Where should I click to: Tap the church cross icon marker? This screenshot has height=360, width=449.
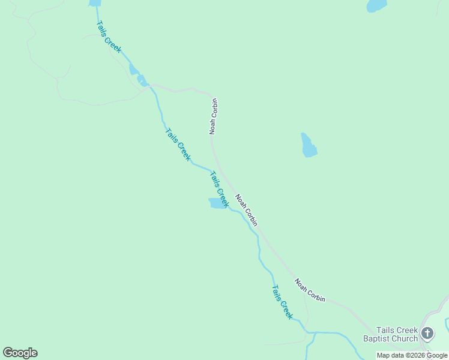(427, 333)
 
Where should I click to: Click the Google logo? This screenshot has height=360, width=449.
(20, 353)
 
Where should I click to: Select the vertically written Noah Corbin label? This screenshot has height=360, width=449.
(213, 116)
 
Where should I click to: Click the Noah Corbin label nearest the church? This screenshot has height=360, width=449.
(310, 290)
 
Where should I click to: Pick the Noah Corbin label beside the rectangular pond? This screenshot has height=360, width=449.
(247, 210)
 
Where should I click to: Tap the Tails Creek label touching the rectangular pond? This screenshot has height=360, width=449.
(220, 190)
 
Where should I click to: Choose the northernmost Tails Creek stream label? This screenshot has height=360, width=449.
(108, 37)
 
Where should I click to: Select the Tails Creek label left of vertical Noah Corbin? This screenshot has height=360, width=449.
(178, 145)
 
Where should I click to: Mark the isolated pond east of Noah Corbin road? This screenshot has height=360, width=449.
(309, 145)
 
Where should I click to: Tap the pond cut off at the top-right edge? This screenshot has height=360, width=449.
(376, 5)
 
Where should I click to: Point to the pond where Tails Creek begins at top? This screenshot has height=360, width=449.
(95, 3)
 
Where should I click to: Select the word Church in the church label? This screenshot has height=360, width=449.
(405, 338)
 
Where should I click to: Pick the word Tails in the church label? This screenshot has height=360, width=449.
(385, 330)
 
